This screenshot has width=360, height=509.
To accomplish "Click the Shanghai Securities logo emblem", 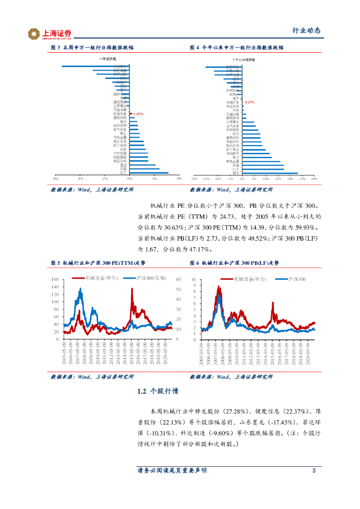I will (x=34, y=33).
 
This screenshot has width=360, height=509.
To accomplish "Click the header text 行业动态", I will (x=306, y=31).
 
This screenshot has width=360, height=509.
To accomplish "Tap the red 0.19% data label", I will (x=138, y=114).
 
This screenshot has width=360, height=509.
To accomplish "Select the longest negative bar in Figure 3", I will (x=94, y=66).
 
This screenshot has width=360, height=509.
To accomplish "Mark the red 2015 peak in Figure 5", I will (x=132, y=289).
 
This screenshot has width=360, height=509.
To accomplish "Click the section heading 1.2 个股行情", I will (x=158, y=392).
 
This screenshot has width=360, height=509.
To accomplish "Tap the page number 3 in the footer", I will (x=314, y=470).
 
